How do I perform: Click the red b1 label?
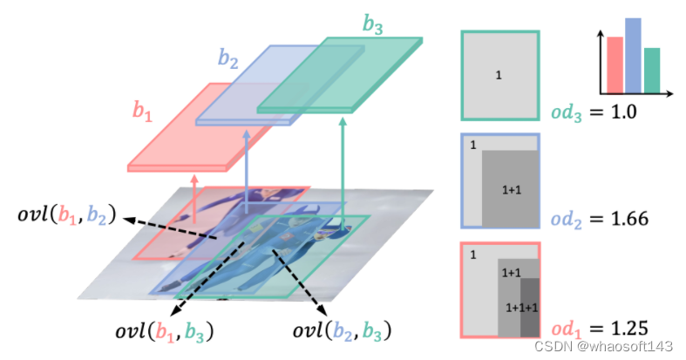143,111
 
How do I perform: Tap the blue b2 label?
228,59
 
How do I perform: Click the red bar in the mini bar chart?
615,65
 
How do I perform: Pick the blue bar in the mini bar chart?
633,55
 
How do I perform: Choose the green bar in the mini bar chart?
651,71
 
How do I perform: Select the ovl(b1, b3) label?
166,331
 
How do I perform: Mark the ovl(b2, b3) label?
341,331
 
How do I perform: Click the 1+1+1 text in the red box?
521,307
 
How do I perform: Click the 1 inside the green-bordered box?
499,76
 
